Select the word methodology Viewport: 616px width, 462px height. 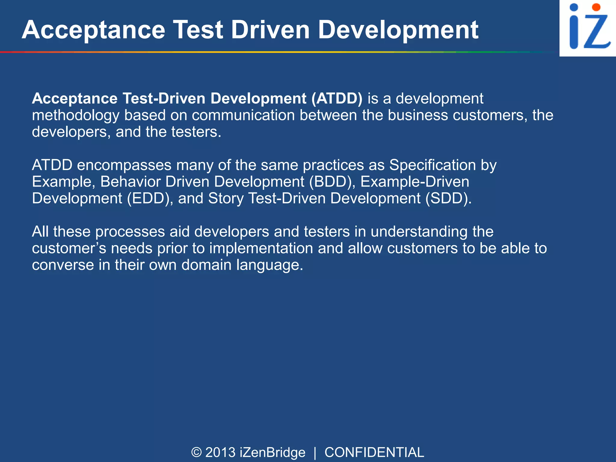coord(75,115)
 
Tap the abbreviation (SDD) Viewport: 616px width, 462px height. coord(448,198)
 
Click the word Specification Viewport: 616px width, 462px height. coord(433,165)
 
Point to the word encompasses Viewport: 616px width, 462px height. coord(124,165)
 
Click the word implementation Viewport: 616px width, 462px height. coord(261,248)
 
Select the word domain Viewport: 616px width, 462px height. coord(206,265)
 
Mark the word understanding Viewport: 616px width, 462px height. coord(419,232)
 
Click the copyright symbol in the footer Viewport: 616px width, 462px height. coord(196,452)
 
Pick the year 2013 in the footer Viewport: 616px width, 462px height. coord(220,452)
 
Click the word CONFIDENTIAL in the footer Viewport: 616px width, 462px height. coord(374,452)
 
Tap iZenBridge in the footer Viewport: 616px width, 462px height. coord(273,452)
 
